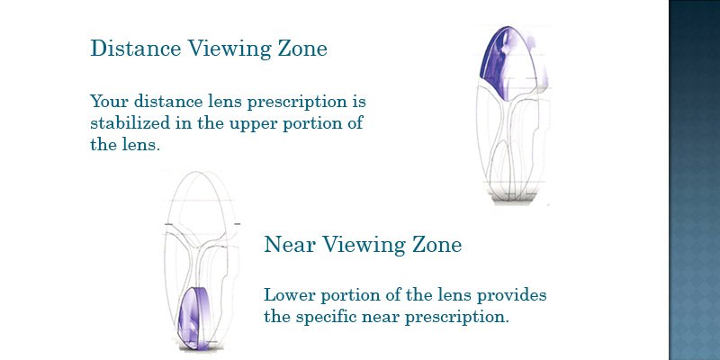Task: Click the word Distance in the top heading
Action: coord(136,48)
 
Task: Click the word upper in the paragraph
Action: coord(252,124)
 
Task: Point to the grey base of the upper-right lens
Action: coord(513,197)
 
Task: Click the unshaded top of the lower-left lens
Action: coord(198,197)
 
